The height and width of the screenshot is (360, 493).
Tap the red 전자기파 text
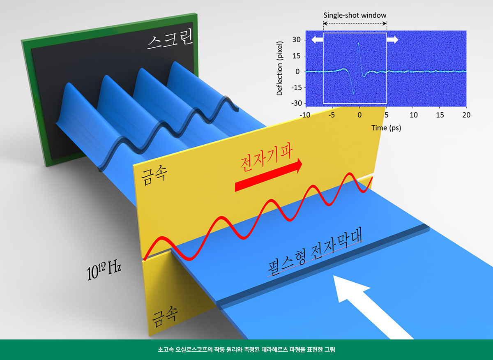point(266,159)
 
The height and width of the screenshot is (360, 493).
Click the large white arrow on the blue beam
point(372,307)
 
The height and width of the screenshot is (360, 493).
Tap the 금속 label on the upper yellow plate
point(154,177)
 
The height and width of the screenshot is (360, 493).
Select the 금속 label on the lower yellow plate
point(165,317)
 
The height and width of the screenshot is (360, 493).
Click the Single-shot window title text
point(355,15)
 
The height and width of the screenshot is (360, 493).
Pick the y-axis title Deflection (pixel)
point(279,68)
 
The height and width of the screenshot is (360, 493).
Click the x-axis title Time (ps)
point(386,128)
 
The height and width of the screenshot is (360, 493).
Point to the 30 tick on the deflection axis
point(296,40)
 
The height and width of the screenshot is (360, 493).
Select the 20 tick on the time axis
point(466,115)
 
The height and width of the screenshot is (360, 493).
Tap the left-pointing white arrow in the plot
point(317,39)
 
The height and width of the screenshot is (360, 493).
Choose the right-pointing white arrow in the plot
point(393,39)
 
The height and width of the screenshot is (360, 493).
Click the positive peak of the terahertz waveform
point(359,44)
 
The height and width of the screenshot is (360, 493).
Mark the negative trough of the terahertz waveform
point(353,94)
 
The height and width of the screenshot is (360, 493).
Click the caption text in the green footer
point(246,349)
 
